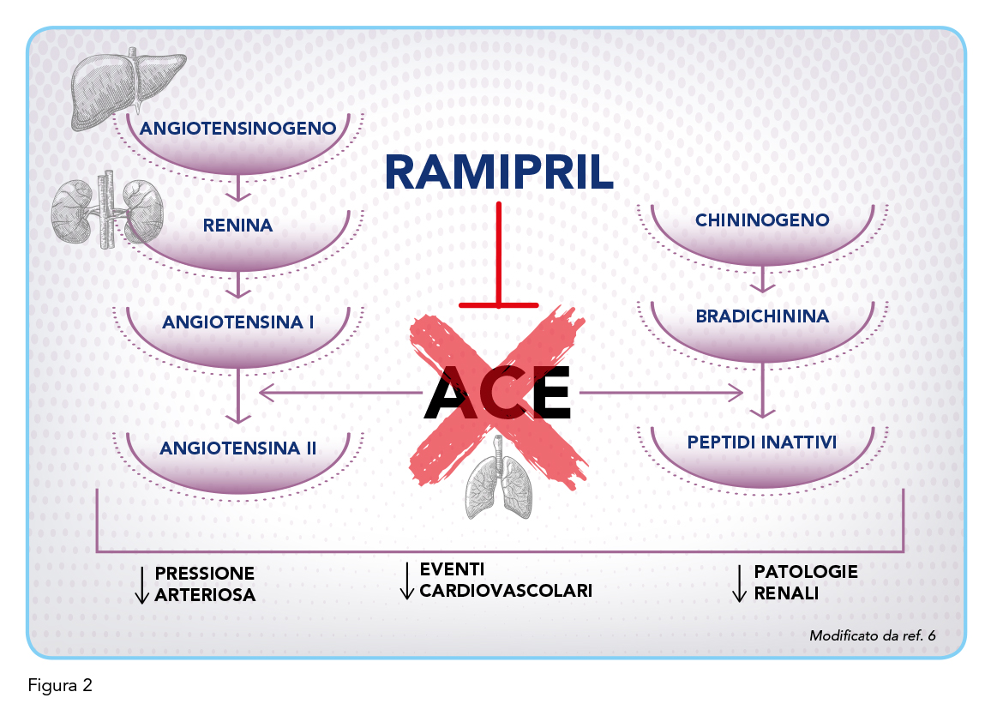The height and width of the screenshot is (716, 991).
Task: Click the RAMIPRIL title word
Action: (x=499, y=172)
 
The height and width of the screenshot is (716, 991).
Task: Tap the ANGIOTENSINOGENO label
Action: (x=237, y=129)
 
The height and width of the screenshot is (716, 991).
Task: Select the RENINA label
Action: (x=237, y=225)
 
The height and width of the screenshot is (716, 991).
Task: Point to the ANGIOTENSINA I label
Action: (x=237, y=322)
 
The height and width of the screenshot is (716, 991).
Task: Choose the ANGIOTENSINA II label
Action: (x=237, y=448)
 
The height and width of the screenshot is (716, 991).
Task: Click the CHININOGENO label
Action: (x=762, y=220)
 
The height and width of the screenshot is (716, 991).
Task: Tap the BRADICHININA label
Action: (x=762, y=316)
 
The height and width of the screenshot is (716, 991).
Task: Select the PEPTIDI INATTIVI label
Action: (x=762, y=442)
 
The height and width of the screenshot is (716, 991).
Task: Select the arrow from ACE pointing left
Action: (x=341, y=393)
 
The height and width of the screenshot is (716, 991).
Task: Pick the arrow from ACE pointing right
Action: (x=661, y=393)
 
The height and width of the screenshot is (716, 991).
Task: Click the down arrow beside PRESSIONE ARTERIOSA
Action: (x=142, y=585)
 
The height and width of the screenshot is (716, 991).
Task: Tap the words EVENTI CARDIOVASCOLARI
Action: (x=506, y=580)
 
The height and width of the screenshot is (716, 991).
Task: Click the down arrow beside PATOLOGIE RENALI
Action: (x=739, y=582)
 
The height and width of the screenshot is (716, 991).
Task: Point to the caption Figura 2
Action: (x=60, y=685)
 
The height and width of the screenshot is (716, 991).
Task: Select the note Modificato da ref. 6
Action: (x=872, y=635)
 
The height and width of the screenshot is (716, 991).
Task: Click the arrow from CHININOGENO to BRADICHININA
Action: (x=763, y=280)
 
